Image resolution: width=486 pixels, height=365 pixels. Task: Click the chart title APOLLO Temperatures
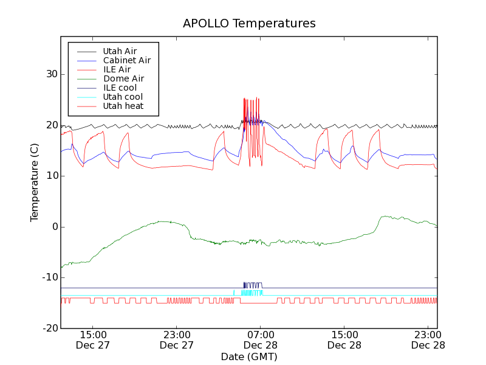249,24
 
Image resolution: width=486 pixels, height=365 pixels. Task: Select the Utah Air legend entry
120,52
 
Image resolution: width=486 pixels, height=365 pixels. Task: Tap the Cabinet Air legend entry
126,61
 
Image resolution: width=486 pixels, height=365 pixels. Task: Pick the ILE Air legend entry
117,69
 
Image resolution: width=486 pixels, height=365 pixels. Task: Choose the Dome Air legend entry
123,78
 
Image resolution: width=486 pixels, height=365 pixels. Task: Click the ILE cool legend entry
120,88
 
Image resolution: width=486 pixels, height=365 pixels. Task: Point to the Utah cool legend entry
123,97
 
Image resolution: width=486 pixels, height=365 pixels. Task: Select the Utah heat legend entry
123,106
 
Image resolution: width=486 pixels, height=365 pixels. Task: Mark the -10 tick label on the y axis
48,277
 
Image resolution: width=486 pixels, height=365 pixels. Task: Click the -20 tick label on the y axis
48,328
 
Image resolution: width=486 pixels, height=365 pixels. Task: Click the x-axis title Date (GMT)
249,356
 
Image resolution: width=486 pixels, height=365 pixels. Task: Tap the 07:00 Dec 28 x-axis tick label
261,339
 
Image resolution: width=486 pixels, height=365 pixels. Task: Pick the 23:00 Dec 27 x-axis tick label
176,339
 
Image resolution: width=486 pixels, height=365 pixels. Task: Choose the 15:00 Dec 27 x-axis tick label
92,339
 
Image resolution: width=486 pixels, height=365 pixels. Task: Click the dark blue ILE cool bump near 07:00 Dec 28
253,284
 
